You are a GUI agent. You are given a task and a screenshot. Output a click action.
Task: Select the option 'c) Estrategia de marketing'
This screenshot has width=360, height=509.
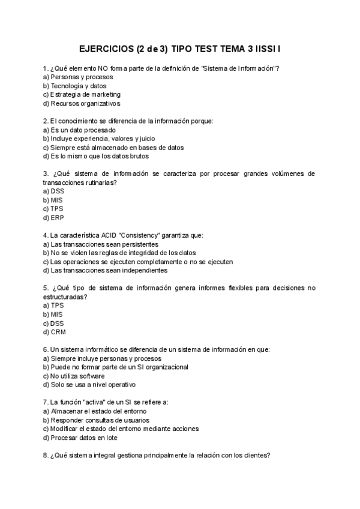click(x=82, y=94)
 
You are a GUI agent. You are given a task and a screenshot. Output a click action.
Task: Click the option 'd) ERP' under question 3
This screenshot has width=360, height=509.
click(x=53, y=217)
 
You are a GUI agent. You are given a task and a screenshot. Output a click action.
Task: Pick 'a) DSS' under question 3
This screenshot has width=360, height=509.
click(x=53, y=191)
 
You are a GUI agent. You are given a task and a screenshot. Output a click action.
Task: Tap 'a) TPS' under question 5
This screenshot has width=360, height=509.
click(x=53, y=305)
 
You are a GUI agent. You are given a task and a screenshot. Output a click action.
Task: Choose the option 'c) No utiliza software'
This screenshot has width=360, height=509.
click(x=77, y=376)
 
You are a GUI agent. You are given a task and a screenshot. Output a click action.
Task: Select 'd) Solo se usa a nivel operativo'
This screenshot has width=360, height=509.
click(x=89, y=384)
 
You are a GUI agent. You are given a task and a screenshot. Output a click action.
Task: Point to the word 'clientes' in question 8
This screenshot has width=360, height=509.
click(x=253, y=455)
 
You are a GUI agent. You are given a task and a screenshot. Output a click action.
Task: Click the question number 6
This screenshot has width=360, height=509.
click(x=46, y=349)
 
